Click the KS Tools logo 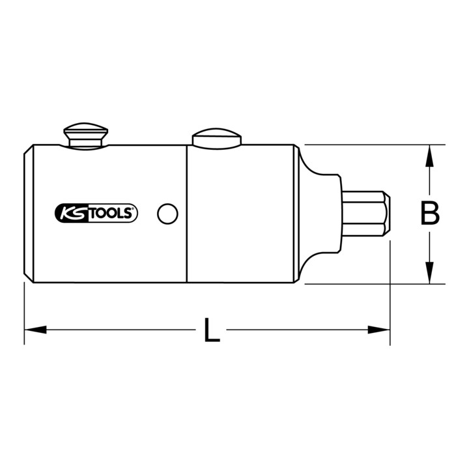96,213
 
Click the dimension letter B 430,213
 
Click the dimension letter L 212,330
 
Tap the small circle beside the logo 167,214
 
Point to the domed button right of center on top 216,139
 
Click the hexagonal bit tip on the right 365,214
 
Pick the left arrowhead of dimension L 35,330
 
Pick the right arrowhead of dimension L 378,330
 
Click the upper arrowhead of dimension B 429,156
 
